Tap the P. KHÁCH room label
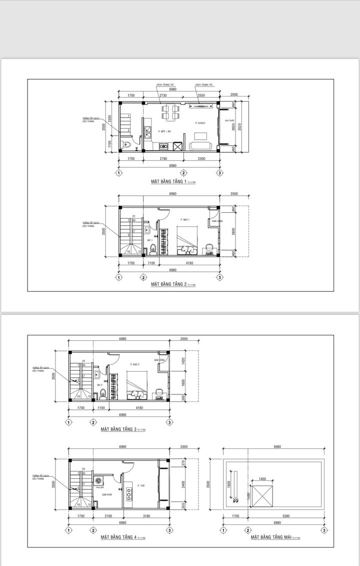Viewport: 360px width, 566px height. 200,123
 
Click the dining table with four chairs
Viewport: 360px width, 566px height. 170,112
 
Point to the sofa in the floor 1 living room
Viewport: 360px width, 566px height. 201,146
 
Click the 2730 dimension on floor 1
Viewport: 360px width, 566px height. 163,95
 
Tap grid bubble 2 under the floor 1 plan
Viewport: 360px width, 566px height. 183,173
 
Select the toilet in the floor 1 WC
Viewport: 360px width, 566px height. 127,146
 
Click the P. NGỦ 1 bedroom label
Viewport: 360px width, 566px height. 186,219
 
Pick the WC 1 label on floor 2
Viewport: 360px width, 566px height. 149,240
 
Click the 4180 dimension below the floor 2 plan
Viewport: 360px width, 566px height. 187,262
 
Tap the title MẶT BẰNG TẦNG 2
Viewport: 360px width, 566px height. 168,284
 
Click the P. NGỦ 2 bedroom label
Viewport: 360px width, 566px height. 134,365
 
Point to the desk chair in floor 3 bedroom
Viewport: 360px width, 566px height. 158,392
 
